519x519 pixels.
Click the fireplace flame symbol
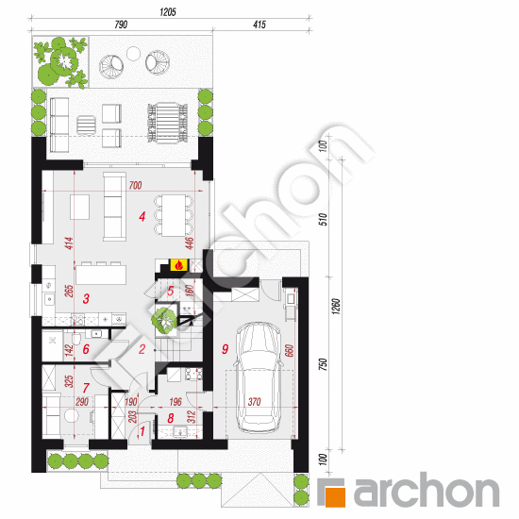178,265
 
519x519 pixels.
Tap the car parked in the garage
259,377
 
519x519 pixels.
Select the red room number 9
226,349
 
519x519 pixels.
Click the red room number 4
142,216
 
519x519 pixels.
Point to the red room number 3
86,298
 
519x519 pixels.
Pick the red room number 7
86,387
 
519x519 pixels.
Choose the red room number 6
86,349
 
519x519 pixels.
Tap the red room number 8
171,418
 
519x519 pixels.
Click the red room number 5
171,291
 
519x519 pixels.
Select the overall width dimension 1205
168,12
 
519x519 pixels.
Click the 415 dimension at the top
259,25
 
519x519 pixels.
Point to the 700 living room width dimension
135,185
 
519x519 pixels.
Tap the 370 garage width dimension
254,402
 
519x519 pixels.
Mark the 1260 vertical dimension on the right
336,306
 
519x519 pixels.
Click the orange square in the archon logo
335,496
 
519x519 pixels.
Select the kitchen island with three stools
101,273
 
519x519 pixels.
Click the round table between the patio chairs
133,53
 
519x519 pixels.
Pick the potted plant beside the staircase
164,320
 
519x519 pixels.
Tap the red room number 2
142,349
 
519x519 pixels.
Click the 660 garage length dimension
290,351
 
